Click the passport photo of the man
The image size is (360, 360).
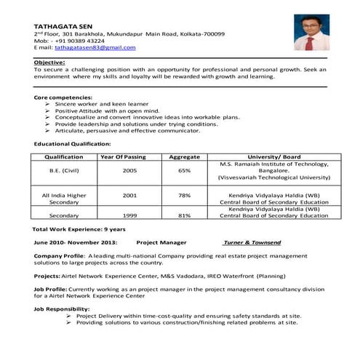point(311,33)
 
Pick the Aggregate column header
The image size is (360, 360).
point(184,156)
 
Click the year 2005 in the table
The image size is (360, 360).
point(129,170)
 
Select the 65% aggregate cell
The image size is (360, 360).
point(184,170)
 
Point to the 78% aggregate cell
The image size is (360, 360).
point(184,195)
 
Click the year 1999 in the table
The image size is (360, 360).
point(129,215)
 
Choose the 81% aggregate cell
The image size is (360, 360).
point(184,215)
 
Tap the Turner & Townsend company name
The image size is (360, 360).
point(253,241)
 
